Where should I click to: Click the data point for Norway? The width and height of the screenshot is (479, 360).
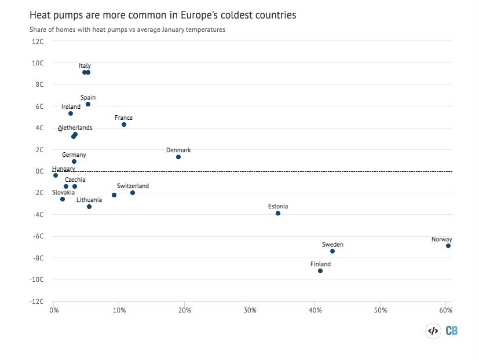click(448, 246)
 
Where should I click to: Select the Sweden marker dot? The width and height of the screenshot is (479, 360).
click(332, 251)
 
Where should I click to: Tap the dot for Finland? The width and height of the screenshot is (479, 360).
click(320, 271)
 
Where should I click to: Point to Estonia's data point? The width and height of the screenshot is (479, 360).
click(278, 214)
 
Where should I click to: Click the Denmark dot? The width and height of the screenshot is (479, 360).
click(178, 157)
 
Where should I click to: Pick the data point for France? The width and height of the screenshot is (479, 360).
click(124, 124)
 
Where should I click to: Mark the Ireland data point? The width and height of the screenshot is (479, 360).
click(71, 113)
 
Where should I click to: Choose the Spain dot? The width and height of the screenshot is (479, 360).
click(88, 104)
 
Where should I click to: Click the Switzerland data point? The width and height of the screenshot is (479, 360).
click(133, 193)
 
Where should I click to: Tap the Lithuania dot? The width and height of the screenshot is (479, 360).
click(89, 207)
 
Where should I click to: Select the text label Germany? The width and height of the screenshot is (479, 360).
click(74, 155)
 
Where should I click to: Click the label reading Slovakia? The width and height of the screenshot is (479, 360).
click(63, 192)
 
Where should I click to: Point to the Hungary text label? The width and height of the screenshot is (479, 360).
click(63, 169)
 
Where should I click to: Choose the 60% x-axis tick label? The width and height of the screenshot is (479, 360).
click(445, 311)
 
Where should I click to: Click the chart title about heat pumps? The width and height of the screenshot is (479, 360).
click(163, 15)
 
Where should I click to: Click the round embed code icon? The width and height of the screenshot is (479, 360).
click(433, 331)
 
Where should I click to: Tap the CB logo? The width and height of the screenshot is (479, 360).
click(451, 331)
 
